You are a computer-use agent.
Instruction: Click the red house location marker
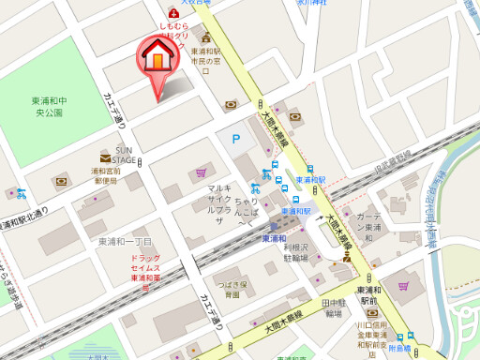[158, 60]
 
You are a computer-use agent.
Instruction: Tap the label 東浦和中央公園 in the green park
[46, 106]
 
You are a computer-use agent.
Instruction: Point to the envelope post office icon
[105, 159]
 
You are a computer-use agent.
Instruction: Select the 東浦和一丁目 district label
[125, 241]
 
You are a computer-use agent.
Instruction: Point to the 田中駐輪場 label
[333, 308]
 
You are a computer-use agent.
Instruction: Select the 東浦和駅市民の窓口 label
[204, 56]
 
